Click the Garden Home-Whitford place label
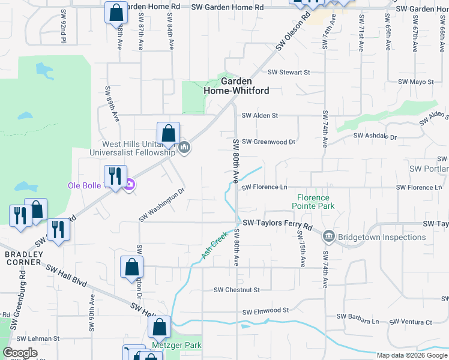click(x=236, y=86)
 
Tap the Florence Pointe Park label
click(x=313, y=202)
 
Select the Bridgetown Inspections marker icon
click(x=328, y=236)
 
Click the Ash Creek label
click(x=214, y=245)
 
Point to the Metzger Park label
click(x=176, y=345)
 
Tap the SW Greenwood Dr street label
click(x=268, y=142)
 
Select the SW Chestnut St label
click(x=237, y=290)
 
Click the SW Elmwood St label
click(x=265, y=311)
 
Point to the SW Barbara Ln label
click(x=357, y=316)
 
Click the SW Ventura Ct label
click(x=411, y=322)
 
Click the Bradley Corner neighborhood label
click(x=24, y=258)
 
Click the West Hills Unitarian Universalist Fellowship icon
click(x=185, y=147)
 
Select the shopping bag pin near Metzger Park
click(x=159, y=328)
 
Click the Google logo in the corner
click(x=20, y=353)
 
